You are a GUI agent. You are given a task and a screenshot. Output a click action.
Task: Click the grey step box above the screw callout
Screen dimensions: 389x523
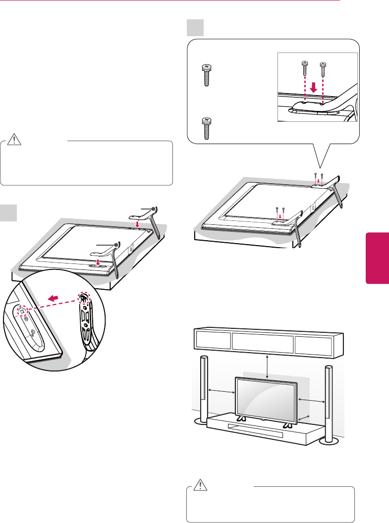click(x=195, y=28)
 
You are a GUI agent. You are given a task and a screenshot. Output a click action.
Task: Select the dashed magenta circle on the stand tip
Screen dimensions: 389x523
click(x=83, y=299)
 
